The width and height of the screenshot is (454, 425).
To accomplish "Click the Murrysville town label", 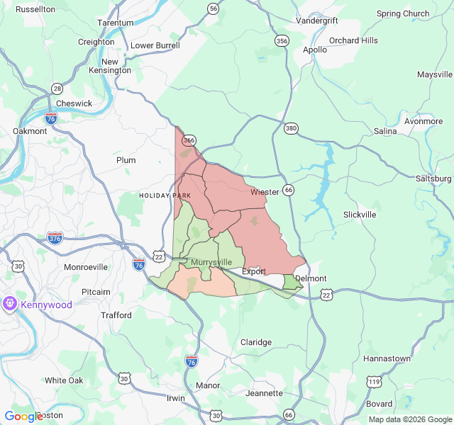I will pyautogui.click(x=211, y=262).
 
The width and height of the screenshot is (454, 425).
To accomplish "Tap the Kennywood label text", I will pyautogui.click(x=46, y=305).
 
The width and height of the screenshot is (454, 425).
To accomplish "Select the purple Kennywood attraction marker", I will pyautogui.click(x=10, y=304).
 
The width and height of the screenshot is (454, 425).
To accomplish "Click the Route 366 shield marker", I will pyautogui.click(x=189, y=140).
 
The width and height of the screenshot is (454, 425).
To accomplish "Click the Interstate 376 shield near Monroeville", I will pyautogui.click(x=55, y=237).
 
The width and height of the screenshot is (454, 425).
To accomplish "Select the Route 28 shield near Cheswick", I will pyautogui.click(x=57, y=89).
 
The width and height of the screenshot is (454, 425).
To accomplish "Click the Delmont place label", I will pyautogui.click(x=311, y=278).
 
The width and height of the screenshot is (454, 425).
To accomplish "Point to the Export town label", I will pyautogui.click(x=254, y=271).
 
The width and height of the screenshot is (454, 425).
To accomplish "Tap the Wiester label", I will pyautogui.click(x=265, y=192).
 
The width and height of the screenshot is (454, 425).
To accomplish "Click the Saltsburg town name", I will pyautogui.click(x=434, y=178).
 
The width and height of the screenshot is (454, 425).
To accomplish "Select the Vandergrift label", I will pyautogui.click(x=316, y=21).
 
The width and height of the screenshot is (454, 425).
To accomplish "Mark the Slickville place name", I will pyautogui.click(x=360, y=214).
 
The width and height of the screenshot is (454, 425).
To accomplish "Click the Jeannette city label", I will pyautogui.click(x=264, y=393).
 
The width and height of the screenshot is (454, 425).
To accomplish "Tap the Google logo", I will pyautogui.click(x=23, y=416).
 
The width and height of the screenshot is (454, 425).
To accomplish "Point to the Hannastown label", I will pyautogui.click(x=387, y=358).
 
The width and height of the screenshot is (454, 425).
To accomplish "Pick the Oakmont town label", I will pyautogui.click(x=30, y=131).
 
